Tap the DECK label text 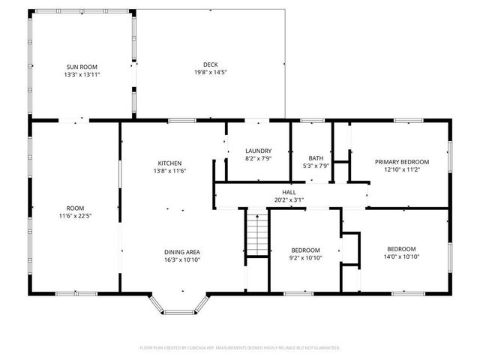(210, 64)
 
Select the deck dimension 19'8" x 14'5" (210, 72)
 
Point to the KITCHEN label (169, 163)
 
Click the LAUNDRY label (258, 151)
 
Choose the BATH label (316, 157)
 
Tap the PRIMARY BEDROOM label (402, 162)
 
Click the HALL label (289, 192)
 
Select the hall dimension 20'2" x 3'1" (289, 200)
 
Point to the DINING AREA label (182, 252)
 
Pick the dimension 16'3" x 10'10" (182, 260)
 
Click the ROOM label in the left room (75, 208)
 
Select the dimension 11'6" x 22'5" (75, 216)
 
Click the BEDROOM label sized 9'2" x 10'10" (306, 250)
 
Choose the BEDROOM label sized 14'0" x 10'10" (401, 249)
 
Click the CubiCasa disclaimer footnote (240, 348)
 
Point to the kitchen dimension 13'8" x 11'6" (169, 172)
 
